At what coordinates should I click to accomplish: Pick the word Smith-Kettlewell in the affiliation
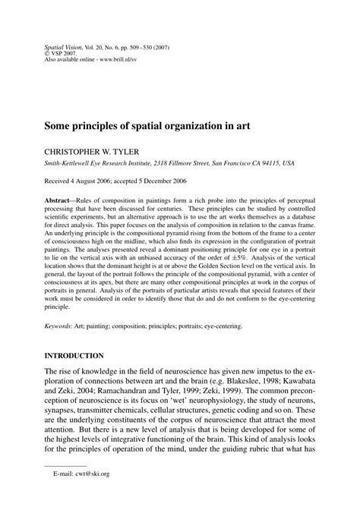(x=68, y=162)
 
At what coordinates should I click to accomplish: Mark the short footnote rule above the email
(x=62, y=487)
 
